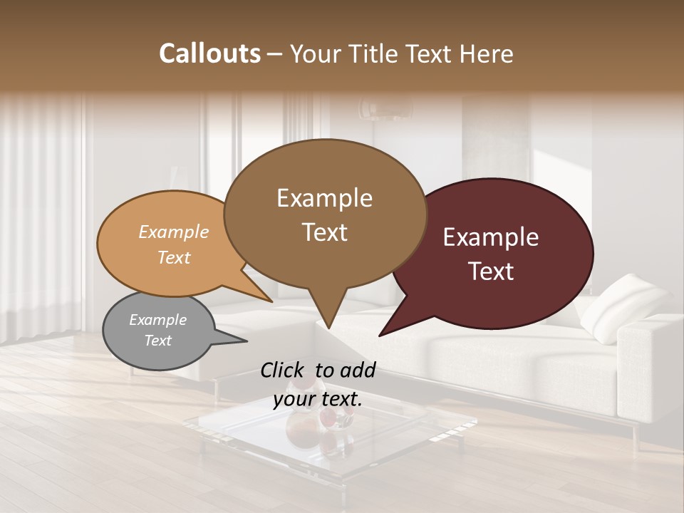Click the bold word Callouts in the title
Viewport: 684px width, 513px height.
click(x=209, y=53)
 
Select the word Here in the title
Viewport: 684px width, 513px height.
click(x=487, y=53)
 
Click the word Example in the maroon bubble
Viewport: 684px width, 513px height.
click(x=491, y=237)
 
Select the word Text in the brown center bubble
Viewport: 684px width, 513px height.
click(x=325, y=232)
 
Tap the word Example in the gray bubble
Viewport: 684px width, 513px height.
click(x=157, y=320)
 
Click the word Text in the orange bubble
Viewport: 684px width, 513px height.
click(x=174, y=257)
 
